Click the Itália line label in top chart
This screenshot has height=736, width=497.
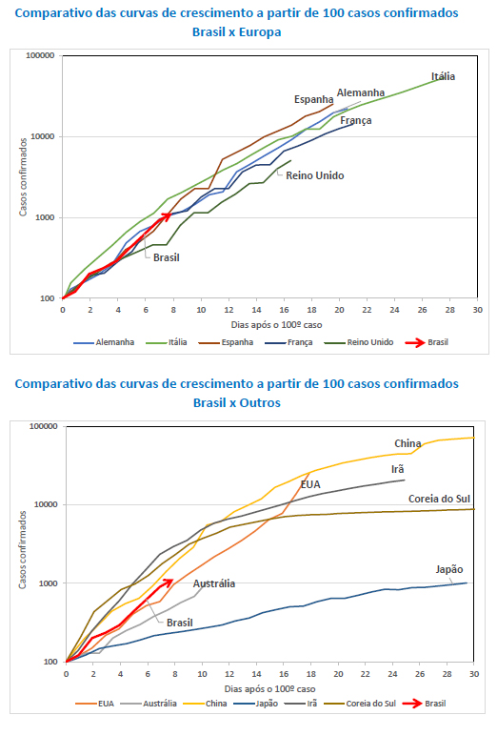(445, 76)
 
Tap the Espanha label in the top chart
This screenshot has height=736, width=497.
(313, 100)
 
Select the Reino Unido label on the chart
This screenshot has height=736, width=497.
(316, 175)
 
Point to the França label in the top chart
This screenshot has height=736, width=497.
(354, 121)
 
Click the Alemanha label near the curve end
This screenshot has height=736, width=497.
(361, 92)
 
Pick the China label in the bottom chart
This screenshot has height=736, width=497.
(408, 443)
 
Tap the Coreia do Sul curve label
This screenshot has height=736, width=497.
(441, 498)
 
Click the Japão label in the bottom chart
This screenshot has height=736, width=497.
(448, 569)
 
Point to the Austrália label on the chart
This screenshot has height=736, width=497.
(214, 583)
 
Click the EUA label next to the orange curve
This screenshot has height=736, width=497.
(310, 484)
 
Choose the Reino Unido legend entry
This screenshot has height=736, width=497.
(363, 341)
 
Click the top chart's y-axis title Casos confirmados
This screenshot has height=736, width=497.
(25, 175)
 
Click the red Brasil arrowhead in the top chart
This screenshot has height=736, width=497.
(169, 215)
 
